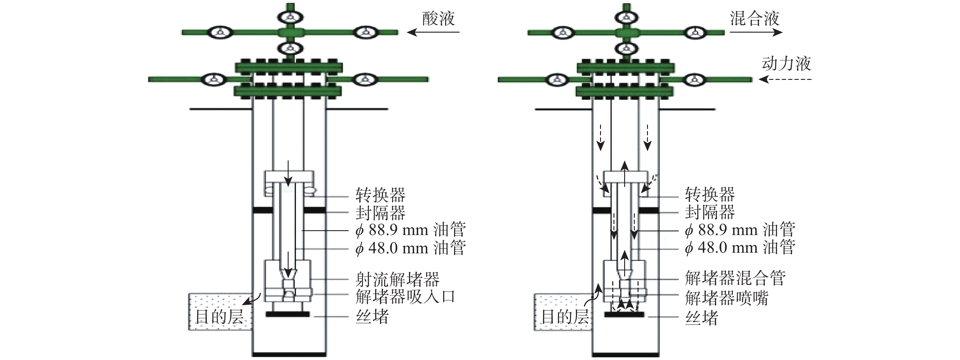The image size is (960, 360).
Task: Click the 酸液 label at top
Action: [438, 19]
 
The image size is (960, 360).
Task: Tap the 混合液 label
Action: [754, 19]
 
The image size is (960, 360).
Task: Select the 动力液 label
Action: [786, 64]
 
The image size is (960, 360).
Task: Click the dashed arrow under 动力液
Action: [785, 79]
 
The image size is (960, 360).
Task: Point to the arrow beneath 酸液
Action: [433, 32]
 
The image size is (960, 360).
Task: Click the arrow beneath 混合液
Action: [756, 32]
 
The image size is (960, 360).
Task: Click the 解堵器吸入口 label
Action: [405, 297]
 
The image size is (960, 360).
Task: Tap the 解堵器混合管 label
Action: [735, 278]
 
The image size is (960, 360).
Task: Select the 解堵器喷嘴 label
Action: [726, 298]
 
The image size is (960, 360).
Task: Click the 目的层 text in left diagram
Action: [219, 317]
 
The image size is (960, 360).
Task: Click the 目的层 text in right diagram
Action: [565, 317]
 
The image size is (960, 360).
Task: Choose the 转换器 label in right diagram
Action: [709, 194]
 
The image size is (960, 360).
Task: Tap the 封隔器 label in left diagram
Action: [380, 213]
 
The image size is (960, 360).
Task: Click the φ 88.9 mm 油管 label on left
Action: [410, 230]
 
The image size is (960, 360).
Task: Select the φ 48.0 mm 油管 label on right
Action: [740, 248]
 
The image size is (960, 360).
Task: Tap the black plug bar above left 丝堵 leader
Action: [287, 315]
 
